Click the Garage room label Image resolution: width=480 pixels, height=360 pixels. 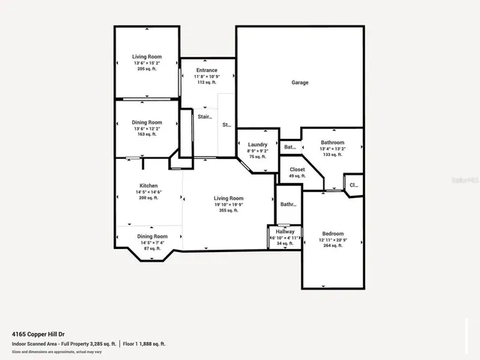[300, 82]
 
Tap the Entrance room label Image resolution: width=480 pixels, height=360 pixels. [206, 70]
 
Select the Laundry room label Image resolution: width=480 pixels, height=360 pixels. [258, 144]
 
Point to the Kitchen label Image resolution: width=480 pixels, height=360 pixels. [148, 186]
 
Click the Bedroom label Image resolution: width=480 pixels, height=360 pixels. [333, 234]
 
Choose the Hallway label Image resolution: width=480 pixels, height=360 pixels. [285, 232]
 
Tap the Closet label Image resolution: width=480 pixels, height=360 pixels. [297, 170]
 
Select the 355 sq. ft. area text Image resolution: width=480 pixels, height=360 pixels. [228, 211]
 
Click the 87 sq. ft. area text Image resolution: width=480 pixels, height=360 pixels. [147, 248]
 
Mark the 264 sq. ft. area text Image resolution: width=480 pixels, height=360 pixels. [333, 246]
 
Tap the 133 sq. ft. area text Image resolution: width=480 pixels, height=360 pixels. [332, 154]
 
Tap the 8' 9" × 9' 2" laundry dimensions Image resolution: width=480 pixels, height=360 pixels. [258, 151]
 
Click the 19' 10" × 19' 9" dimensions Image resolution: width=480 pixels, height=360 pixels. [228, 205]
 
